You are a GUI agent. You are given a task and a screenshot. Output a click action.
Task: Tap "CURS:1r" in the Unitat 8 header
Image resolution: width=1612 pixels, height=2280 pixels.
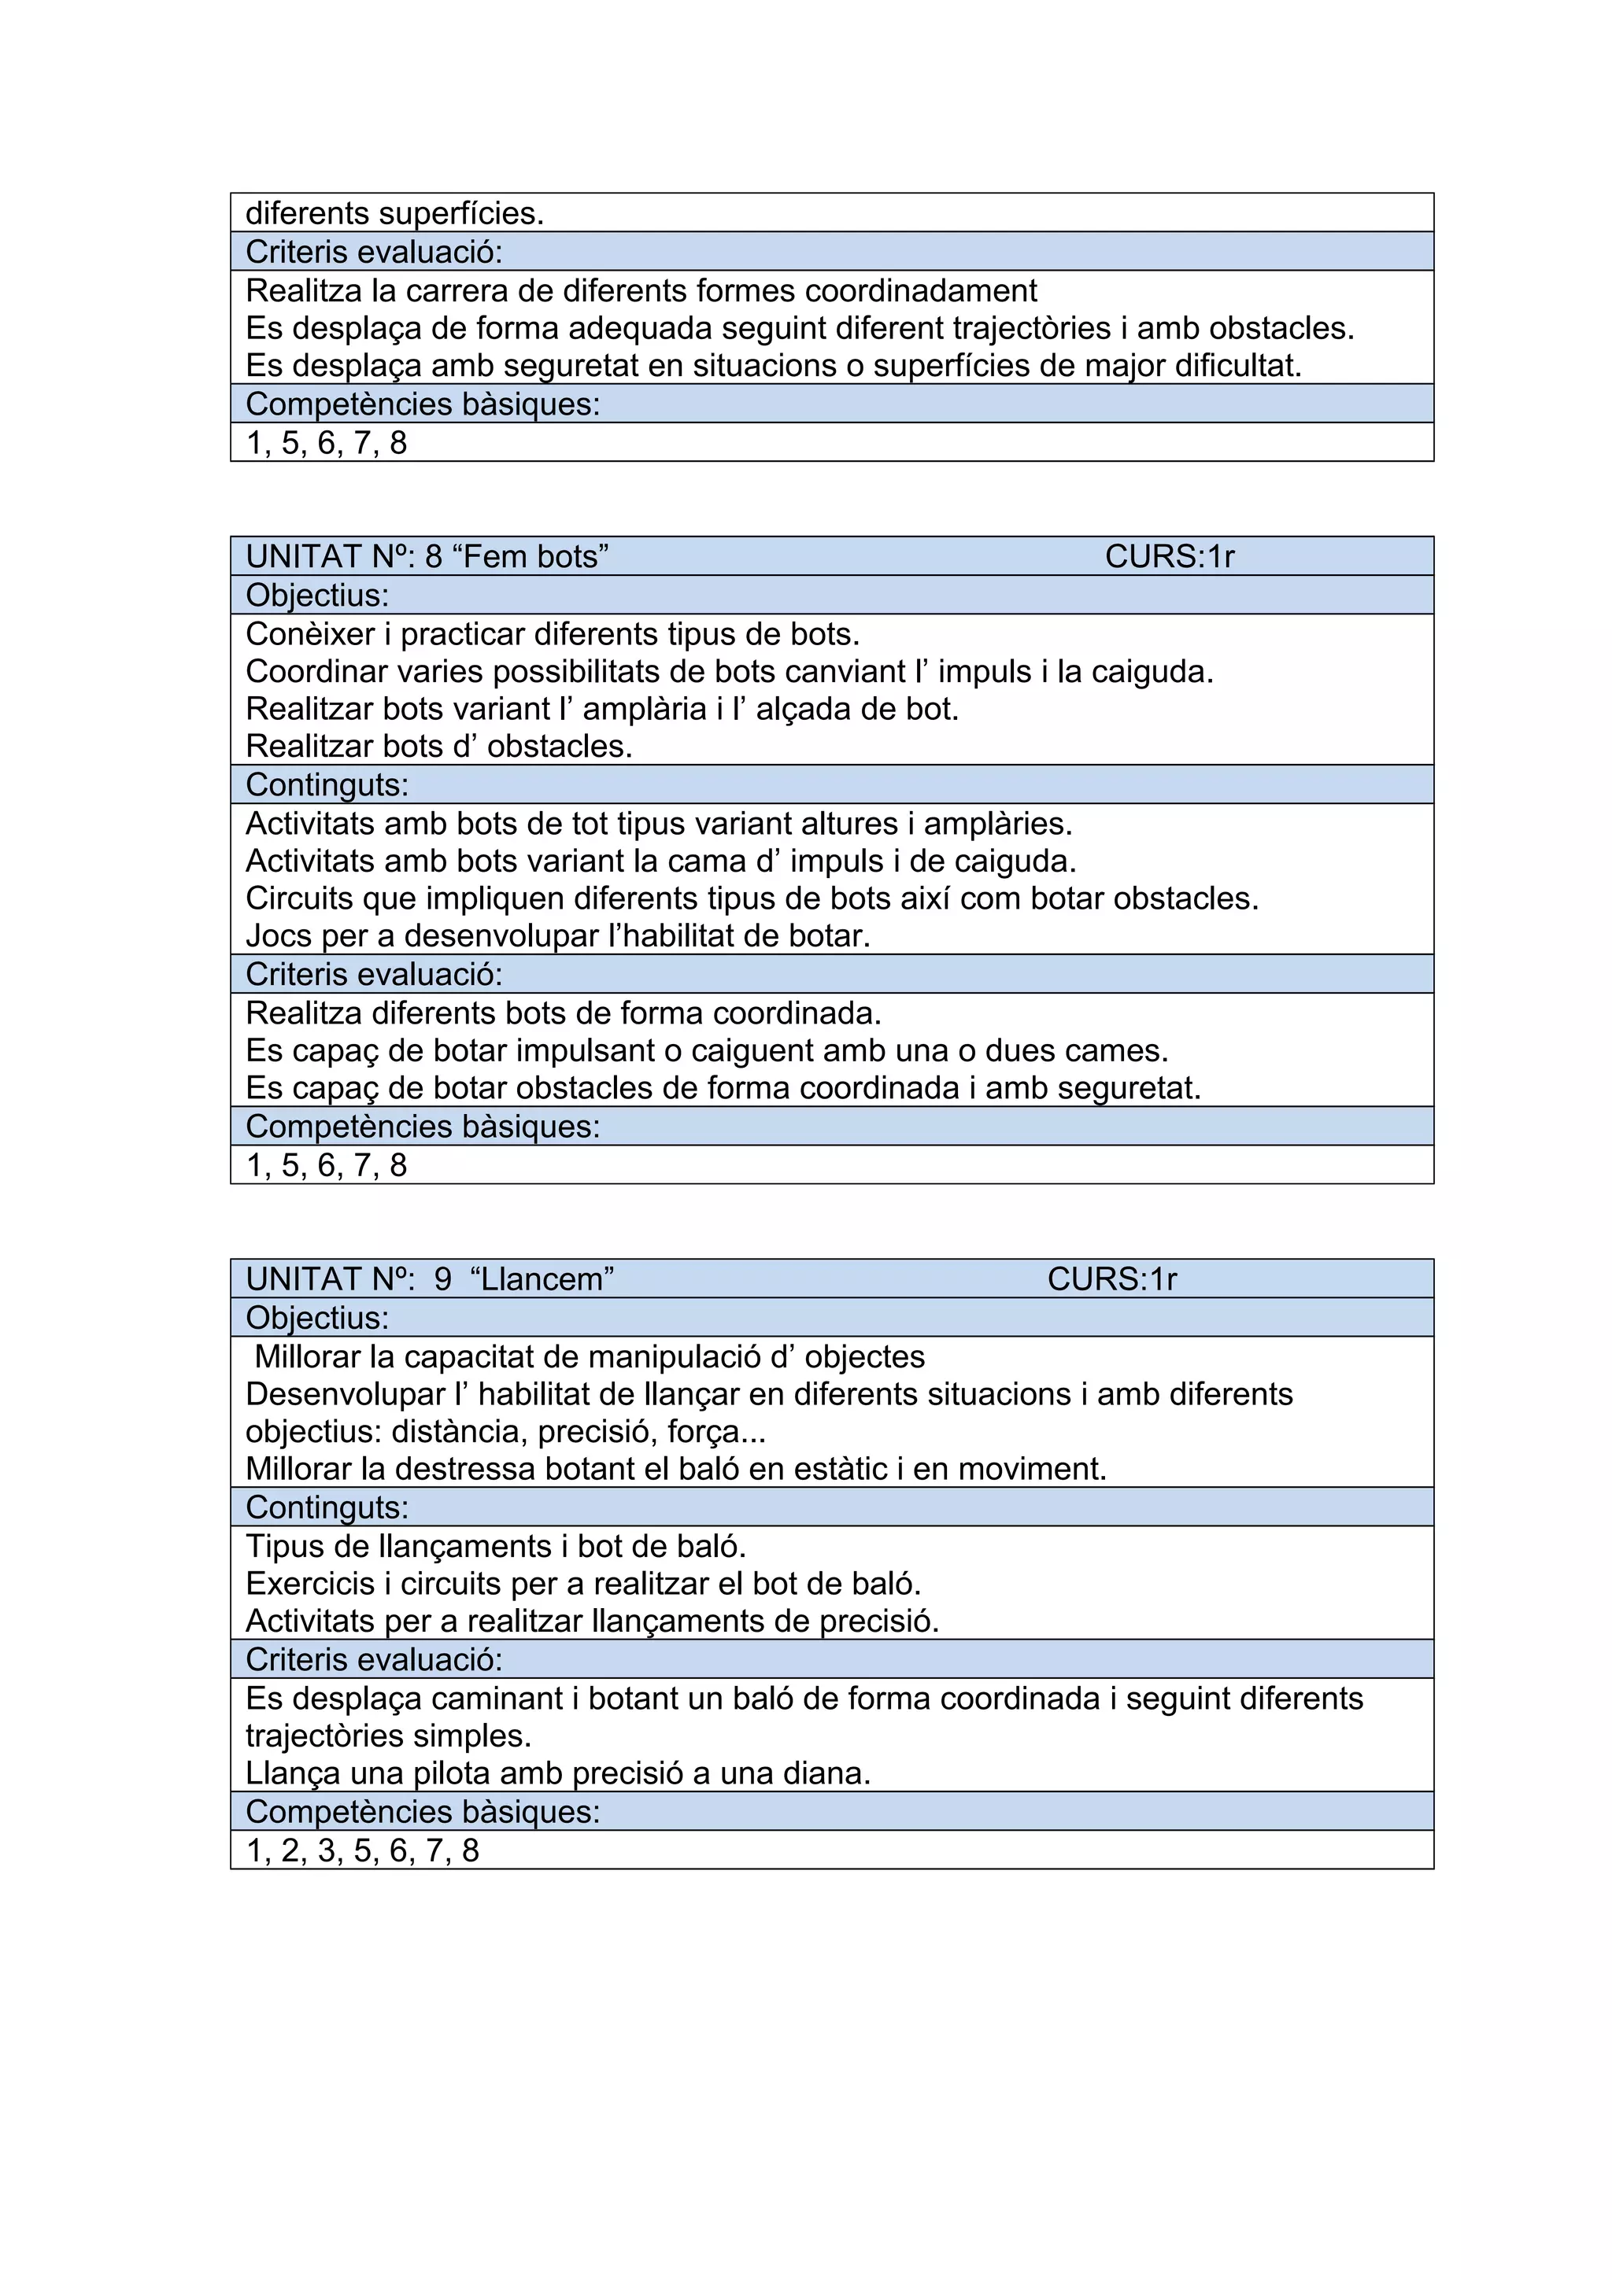point(1169,556)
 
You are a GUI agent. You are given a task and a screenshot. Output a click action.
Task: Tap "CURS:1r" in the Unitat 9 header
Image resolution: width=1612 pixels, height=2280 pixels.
point(1111,1279)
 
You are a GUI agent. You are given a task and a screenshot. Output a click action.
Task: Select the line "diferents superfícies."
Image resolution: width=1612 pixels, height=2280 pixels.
point(394,212)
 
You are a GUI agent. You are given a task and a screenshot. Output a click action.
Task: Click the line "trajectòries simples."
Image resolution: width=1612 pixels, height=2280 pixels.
point(388,1736)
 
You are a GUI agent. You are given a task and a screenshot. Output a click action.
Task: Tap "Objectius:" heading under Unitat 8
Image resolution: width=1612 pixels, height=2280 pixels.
point(317,595)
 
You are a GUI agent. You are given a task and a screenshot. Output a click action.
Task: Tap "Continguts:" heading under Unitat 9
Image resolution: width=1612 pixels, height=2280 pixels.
point(327,1507)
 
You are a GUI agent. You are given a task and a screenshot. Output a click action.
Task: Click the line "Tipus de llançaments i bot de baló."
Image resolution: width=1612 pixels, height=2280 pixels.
point(496,1546)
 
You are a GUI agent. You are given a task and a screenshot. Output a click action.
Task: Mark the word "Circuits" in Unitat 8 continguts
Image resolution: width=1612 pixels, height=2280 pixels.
point(304,898)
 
